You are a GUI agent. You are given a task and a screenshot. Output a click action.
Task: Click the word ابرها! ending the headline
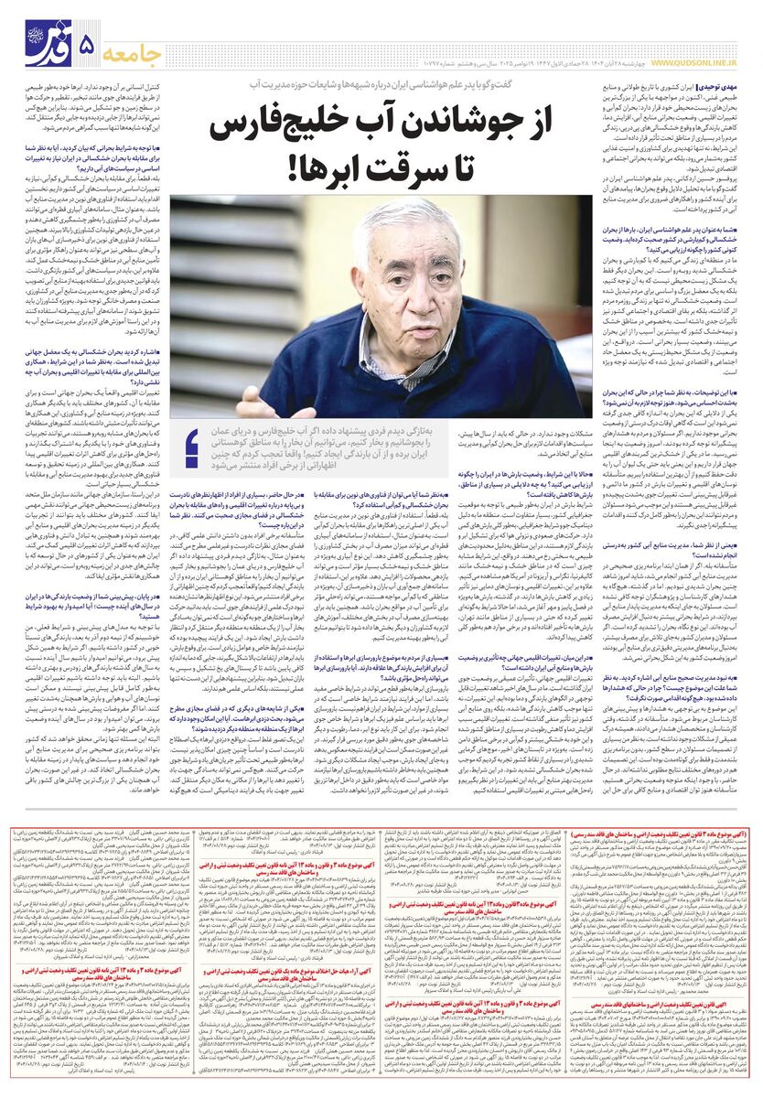[275, 170]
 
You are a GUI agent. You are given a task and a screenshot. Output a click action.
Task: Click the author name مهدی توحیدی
[723, 84]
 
